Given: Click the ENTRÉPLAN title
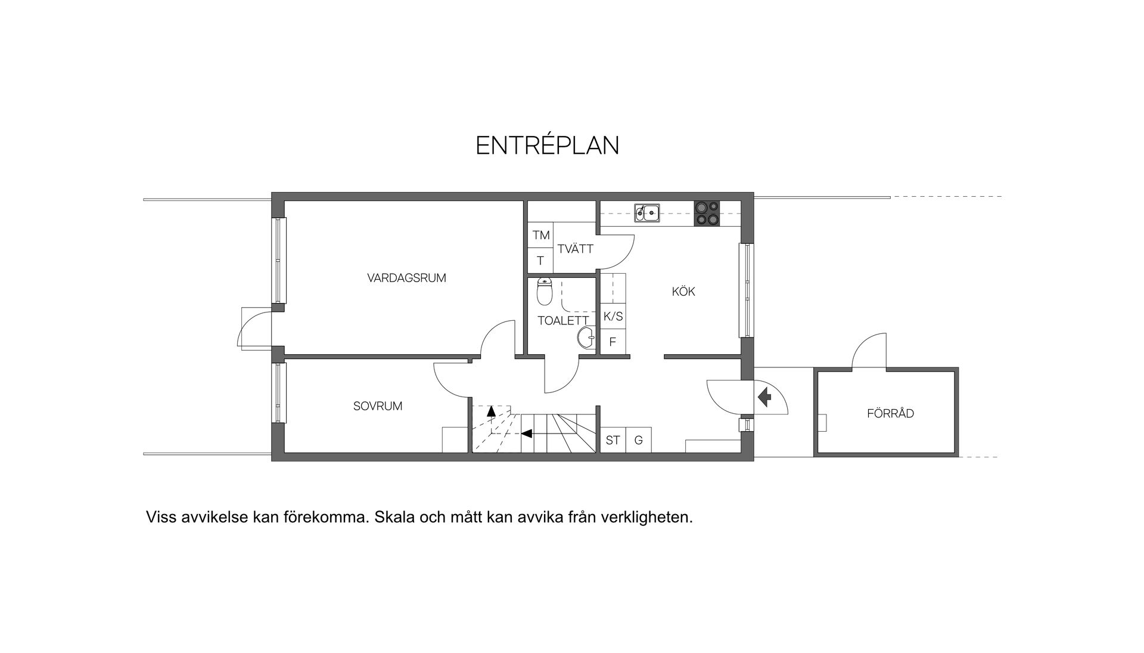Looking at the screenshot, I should [x=548, y=146].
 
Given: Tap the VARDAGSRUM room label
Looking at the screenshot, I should [x=406, y=278].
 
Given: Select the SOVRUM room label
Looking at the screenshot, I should [x=378, y=407].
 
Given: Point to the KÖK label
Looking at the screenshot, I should [x=683, y=292].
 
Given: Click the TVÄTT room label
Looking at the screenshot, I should [x=576, y=249].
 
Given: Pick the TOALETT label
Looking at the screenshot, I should [x=563, y=321].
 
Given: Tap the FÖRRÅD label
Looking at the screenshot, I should [x=890, y=414].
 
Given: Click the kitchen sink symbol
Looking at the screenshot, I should [x=646, y=212].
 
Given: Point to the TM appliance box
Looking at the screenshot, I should [x=541, y=236].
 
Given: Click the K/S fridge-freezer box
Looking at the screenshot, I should [x=613, y=317].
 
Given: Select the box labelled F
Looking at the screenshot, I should [x=613, y=343].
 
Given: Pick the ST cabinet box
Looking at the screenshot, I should [x=613, y=441].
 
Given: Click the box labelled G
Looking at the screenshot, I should [x=639, y=441].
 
